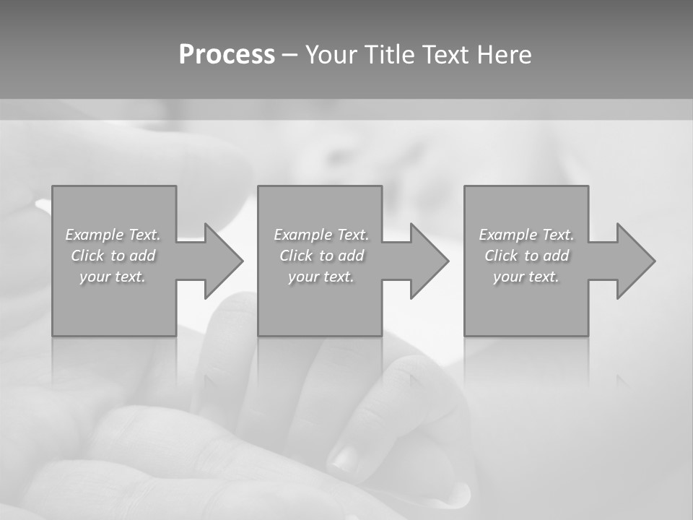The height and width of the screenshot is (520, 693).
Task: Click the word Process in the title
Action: pos(227,55)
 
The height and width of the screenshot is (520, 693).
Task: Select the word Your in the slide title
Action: pos(333,55)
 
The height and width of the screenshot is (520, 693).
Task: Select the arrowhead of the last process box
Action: pos(635,261)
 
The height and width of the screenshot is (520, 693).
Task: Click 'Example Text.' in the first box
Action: pos(113,235)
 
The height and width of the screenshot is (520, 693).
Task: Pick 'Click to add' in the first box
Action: pos(113,256)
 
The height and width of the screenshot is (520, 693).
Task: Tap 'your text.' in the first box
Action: pos(113,277)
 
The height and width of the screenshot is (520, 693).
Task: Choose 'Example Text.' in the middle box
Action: pos(321,235)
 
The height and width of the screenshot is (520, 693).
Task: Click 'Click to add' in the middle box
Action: pos(321,256)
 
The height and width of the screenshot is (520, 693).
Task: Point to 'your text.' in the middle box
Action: pos(321,277)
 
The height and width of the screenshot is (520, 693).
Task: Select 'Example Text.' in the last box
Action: pos(526,235)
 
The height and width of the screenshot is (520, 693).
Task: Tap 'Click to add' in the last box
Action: pos(526,256)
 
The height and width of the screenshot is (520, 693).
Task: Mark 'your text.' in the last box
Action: pos(526,277)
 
